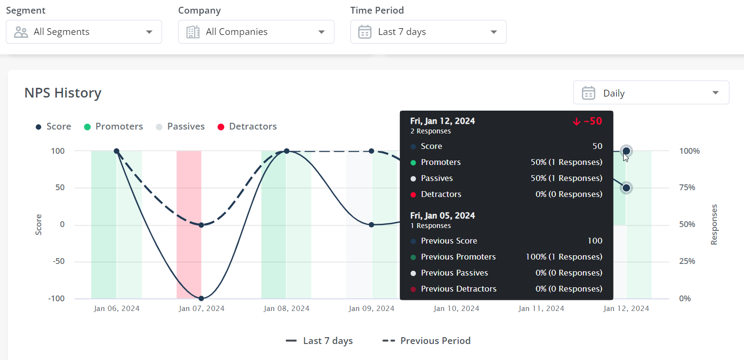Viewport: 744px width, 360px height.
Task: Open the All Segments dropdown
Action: pyautogui.click(x=83, y=32)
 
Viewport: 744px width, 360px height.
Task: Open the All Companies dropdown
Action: pyautogui.click(x=256, y=32)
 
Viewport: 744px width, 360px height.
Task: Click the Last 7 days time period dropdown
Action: pyautogui.click(x=428, y=32)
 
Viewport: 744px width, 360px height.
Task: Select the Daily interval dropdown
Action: pyautogui.click(x=651, y=93)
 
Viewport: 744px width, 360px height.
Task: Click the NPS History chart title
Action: pyautogui.click(x=63, y=93)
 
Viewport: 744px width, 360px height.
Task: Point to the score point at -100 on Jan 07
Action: pyautogui.click(x=201, y=298)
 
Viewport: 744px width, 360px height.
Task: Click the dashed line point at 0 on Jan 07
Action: pyautogui.click(x=201, y=225)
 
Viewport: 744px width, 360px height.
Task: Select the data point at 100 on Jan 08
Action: pyautogui.click(x=286, y=151)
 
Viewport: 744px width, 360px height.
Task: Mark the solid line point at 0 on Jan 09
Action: pyautogui.click(x=371, y=225)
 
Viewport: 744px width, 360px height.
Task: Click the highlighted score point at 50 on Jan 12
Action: pyautogui.click(x=626, y=188)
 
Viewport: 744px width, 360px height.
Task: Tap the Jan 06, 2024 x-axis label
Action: pyautogui.click(x=116, y=309)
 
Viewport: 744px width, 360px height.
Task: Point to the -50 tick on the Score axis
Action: pyautogui.click(x=58, y=262)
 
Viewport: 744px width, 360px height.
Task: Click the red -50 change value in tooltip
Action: pyautogui.click(x=588, y=121)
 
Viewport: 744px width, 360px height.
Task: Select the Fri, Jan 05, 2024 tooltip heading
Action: pyautogui.click(x=442, y=215)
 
